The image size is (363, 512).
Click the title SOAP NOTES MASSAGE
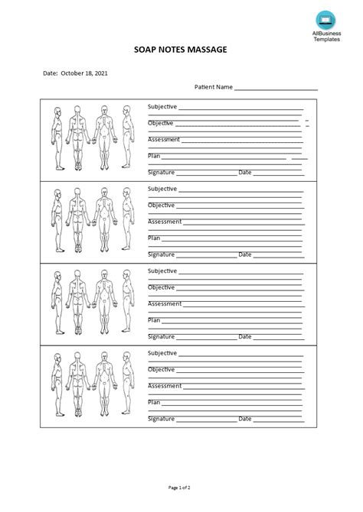pos(181,50)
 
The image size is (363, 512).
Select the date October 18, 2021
pos(84,74)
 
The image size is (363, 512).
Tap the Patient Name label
pos(214,87)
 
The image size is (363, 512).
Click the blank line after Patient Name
pos(276,89)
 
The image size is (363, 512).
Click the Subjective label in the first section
pos(162,106)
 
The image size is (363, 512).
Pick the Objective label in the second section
pos(161,205)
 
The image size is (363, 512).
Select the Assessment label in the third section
pos(164,303)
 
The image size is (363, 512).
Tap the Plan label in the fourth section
pos(154,402)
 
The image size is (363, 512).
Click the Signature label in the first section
pos(162,172)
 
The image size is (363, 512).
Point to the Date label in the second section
pos(245,254)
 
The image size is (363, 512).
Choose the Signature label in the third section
pos(162,336)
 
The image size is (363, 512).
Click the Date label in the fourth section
pos(245,419)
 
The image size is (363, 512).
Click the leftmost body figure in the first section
pos(57,138)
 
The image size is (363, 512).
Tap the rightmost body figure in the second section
pos(128,221)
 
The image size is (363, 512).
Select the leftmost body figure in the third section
pos(57,303)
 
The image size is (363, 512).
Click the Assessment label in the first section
pos(164,139)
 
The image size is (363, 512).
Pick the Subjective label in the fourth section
pos(162,353)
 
